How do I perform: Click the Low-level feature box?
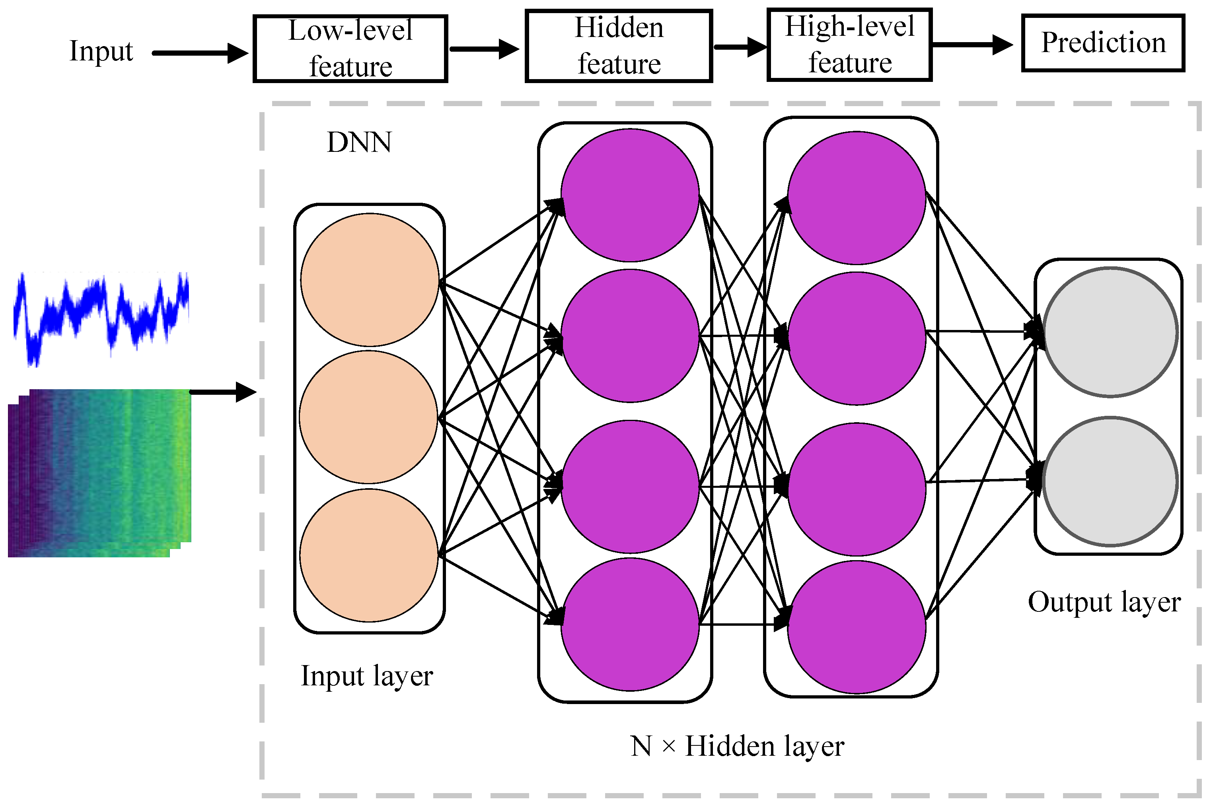pyautogui.click(x=350, y=49)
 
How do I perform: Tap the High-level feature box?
pyautogui.click(x=850, y=45)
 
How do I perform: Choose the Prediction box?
pyautogui.click(x=1103, y=43)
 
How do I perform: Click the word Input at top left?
pyautogui.click(x=101, y=51)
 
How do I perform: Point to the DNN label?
pyautogui.click(x=359, y=142)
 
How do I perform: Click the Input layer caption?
pyautogui.click(x=366, y=676)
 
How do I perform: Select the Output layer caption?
pyautogui.click(x=1104, y=602)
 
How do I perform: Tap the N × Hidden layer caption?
pyautogui.click(x=737, y=747)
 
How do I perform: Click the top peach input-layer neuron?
pyautogui.click(x=370, y=279)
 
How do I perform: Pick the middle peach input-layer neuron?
pyautogui.click(x=368, y=417)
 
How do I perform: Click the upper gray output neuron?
pyautogui.click(x=1110, y=332)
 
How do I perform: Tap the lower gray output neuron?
pyautogui.click(x=1110, y=481)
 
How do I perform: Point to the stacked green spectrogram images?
pyautogui.click(x=99, y=473)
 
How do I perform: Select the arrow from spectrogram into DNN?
pyautogui.click(x=223, y=392)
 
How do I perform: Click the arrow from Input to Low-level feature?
pyautogui.click(x=200, y=53)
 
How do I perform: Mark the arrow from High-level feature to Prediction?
pyautogui.click(x=973, y=45)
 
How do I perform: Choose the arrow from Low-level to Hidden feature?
pyautogui.click(x=485, y=49)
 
